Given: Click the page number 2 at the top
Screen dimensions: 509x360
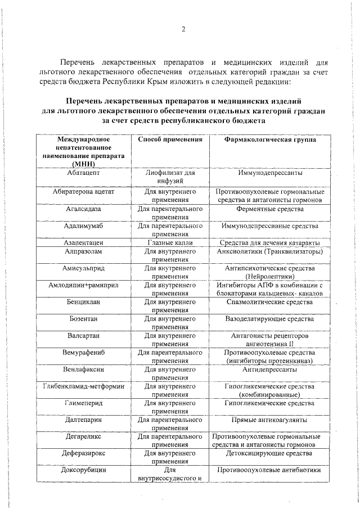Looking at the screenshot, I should (183, 30).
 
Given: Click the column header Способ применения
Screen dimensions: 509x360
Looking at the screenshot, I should (170, 139).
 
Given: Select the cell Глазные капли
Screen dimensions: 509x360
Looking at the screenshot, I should (170, 242).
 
